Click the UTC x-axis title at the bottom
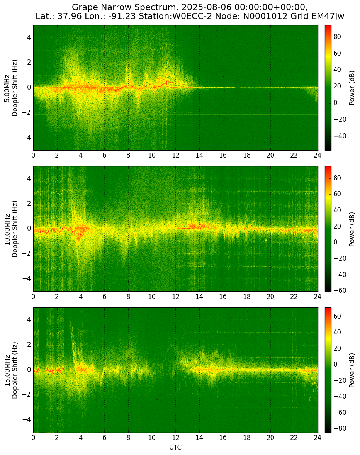pyautogui.click(x=175, y=447)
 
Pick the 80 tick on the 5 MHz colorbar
pyautogui.click(x=337, y=37)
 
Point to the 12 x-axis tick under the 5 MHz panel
pyautogui.click(x=175, y=156)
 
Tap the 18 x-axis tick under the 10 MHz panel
pyautogui.click(x=246, y=297)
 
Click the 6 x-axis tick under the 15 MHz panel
pyautogui.click(x=104, y=438)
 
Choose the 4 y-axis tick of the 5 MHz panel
pyautogui.click(x=29, y=38)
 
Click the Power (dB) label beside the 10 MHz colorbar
pyautogui.click(x=352, y=229)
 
